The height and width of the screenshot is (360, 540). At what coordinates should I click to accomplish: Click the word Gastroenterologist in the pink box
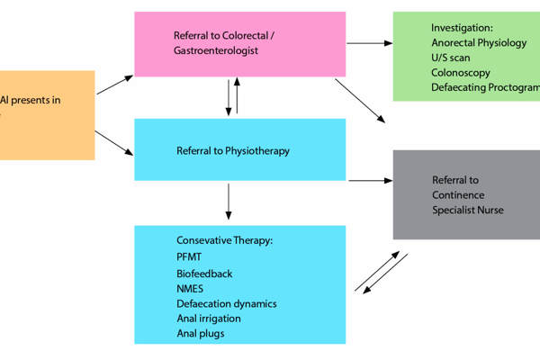pos(216,51)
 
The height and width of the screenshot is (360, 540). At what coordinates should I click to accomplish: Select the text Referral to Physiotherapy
pos(233,150)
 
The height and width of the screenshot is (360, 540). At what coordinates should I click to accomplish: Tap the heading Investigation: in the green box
pos(462,28)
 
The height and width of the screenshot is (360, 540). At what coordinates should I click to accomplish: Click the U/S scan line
pos(452,58)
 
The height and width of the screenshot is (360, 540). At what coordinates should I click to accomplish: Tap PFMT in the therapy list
pos(191,257)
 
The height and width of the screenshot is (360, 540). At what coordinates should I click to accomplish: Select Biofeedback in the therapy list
pos(204,273)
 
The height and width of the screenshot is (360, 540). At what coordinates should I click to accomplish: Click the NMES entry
pos(192,288)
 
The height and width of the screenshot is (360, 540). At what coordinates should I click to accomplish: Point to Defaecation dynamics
pos(227,303)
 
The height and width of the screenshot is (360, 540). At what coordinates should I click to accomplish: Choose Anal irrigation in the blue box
pos(209,318)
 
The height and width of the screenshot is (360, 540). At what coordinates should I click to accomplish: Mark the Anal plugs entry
pos(200,333)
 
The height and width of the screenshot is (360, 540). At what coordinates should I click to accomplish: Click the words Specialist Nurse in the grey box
pos(468,210)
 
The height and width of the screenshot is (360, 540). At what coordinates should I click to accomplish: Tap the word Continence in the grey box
pos(458,194)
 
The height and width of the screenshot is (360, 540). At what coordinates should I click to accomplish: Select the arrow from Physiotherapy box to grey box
pos(368,180)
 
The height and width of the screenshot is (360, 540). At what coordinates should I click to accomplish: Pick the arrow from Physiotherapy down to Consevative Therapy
pos(229,202)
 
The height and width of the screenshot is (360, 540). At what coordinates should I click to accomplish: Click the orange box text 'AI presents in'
pos(31,100)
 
